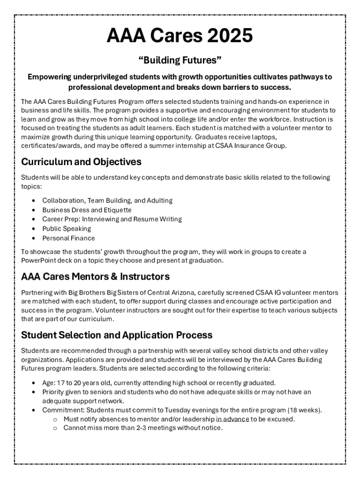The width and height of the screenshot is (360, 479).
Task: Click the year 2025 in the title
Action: pyautogui.click(x=223, y=36)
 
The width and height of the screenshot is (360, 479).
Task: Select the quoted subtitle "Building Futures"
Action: pyautogui.click(x=180, y=60)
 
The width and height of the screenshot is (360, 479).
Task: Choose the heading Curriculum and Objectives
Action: pyautogui.click(x=81, y=162)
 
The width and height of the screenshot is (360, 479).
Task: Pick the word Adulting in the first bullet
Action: pyautogui.click(x=159, y=200)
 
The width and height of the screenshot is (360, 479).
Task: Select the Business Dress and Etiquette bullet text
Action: pyautogui.click(x=87, y=210)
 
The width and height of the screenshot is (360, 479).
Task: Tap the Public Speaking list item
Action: pyautogui.click(x=66, y=229)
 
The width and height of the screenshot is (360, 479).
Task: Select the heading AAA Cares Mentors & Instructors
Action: pyautogui.click(x=95, y=276)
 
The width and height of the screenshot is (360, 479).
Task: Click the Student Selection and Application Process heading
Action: pyautogui.click(x=117, y=335)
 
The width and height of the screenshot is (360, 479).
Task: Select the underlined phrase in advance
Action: pyautogui.click(x=232, y=419)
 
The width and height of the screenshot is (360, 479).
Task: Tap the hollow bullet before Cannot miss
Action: pyautogui.click(x=55, y=428)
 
